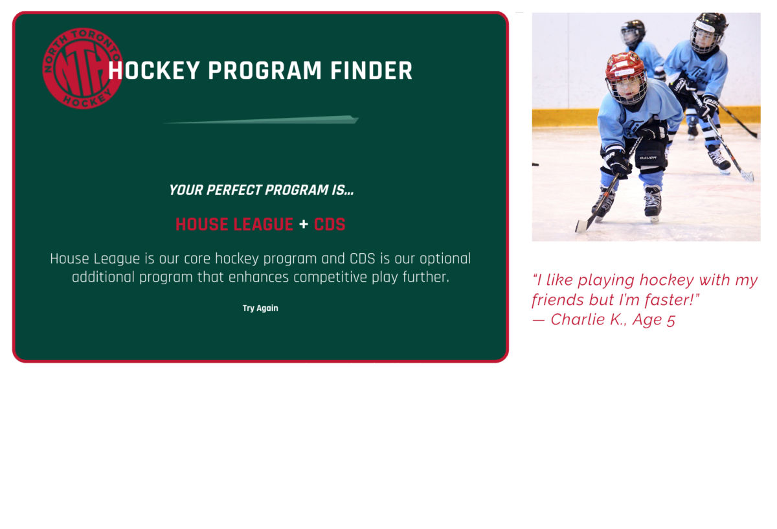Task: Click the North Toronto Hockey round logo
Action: [x=82, y=69]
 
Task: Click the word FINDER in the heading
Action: [x=371, y=71]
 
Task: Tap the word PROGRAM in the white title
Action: [x=265, y=71]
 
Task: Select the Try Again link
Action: [x=260, y=308]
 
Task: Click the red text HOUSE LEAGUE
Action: [x=234, y=224]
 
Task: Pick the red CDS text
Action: [x=330, y=224]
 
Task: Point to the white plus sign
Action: [x=304, y=224]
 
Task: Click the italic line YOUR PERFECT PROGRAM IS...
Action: [x=261, y=190]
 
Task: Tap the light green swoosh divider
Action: [x=261, y=119]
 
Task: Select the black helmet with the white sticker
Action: [x=708, y=25]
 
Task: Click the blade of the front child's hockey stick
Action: [x=583, y=225]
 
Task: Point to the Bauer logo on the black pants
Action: [x=648, y=157]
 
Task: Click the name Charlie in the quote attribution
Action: [x=578, y=319]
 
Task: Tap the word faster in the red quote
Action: [x=668, y=300]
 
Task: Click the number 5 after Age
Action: [x=671, y=320]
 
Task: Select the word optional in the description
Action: [x=445, y=259]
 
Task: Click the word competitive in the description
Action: [x=330, y=278]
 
